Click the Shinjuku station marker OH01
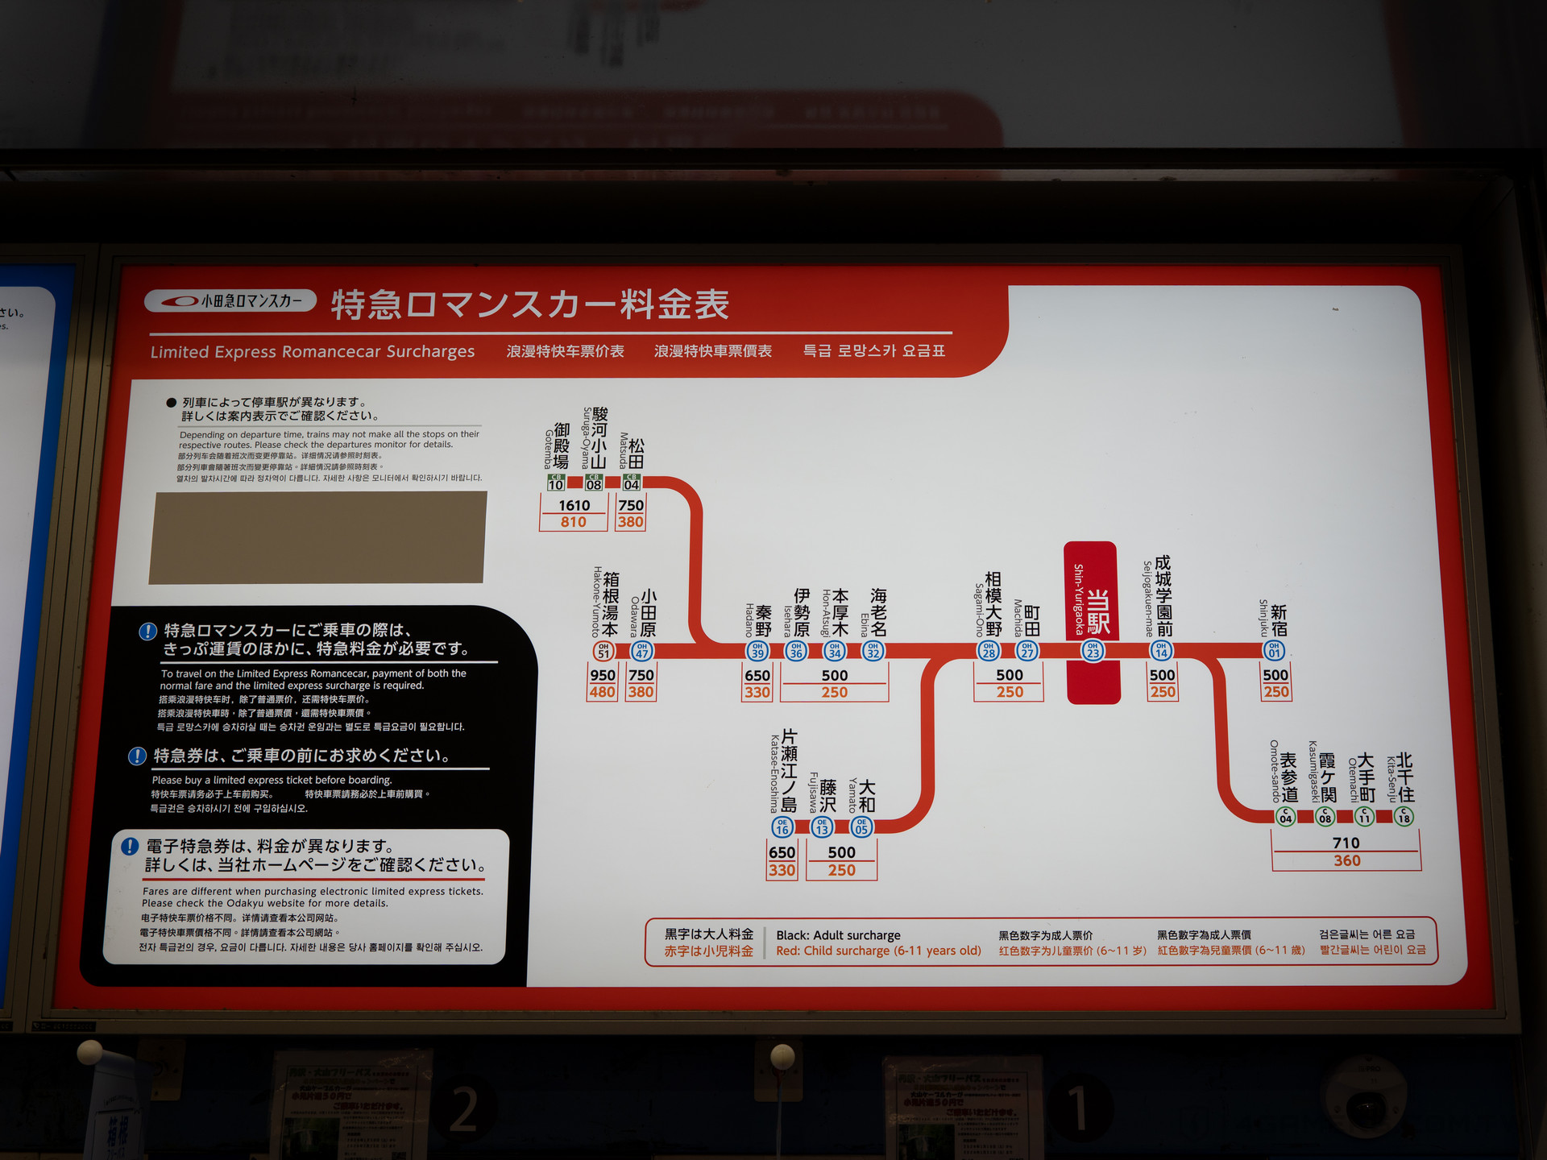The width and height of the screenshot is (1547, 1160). click(x=1274, y=650)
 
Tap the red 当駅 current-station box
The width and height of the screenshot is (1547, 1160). click(x=1092, y=622)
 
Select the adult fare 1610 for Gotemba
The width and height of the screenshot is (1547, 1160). click(x=574, y=505)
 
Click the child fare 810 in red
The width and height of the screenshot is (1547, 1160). click(x=574, y=522)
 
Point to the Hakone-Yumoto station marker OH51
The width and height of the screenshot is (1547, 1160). click(x=603, y=651)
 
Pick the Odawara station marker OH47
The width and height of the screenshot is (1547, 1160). click(x=642, y=651)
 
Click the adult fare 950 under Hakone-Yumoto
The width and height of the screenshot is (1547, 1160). click(x=603, y=675)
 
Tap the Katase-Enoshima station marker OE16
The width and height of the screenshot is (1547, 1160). click(x=782, y=826)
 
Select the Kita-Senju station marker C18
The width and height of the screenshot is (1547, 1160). click(x=1404, y=817)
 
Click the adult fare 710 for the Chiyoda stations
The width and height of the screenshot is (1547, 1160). click(x=1346, y=843)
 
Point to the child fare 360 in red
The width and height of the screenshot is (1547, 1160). click(x=1346, y=860)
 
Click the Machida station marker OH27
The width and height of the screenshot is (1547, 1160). click(x=1027, y=650)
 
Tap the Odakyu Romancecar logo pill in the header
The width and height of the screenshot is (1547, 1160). click(x=230, y=301)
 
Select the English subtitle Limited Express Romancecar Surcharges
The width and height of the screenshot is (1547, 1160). click(x=313, y=352)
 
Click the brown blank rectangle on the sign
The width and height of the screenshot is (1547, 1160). click(x=317, y=537)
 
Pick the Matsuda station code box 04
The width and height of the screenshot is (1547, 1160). click(x=632, y=483)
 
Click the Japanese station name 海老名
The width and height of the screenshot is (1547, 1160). click(x=878, y=612)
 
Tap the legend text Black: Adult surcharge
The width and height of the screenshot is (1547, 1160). click(x=838, y=935)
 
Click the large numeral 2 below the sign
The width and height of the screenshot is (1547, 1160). click(x=463, y=1109)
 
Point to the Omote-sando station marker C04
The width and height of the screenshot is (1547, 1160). click(x=1286, y=817)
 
